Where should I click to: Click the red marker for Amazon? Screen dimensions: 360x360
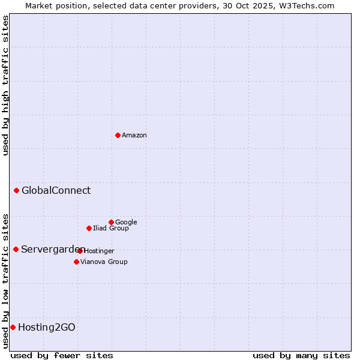click(x=118, y=135)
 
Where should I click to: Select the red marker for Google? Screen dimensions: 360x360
click(x=111, y=222)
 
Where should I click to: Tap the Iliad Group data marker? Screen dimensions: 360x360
click(x=89, y=228)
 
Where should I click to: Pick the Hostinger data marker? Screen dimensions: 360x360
click(x=80, y=251)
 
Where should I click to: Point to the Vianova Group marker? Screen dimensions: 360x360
click(x=76, y=262)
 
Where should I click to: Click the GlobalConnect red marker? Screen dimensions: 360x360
click(x=16, y=191)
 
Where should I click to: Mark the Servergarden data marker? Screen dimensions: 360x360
click(x=16, y=249)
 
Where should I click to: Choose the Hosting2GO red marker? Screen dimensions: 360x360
click(x=13, y=327)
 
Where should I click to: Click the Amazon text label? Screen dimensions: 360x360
click(x=134, y=136)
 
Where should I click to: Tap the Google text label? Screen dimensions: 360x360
click(x=126, y=223)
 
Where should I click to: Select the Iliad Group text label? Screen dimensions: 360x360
click(x=111, y=229)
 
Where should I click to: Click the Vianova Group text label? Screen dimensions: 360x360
click(x=104, y=262)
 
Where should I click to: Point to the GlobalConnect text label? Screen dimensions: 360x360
click(x=56, y=191)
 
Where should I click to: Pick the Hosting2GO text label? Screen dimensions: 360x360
click(x=47, y=328)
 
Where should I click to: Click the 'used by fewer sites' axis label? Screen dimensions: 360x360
click(x=62, y=355)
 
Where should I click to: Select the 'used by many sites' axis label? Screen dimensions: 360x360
click(x=301, y=355)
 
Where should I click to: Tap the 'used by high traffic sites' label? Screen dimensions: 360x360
click(x=5, y=85)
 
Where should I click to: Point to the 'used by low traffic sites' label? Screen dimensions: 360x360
click(x=5, y=280)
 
